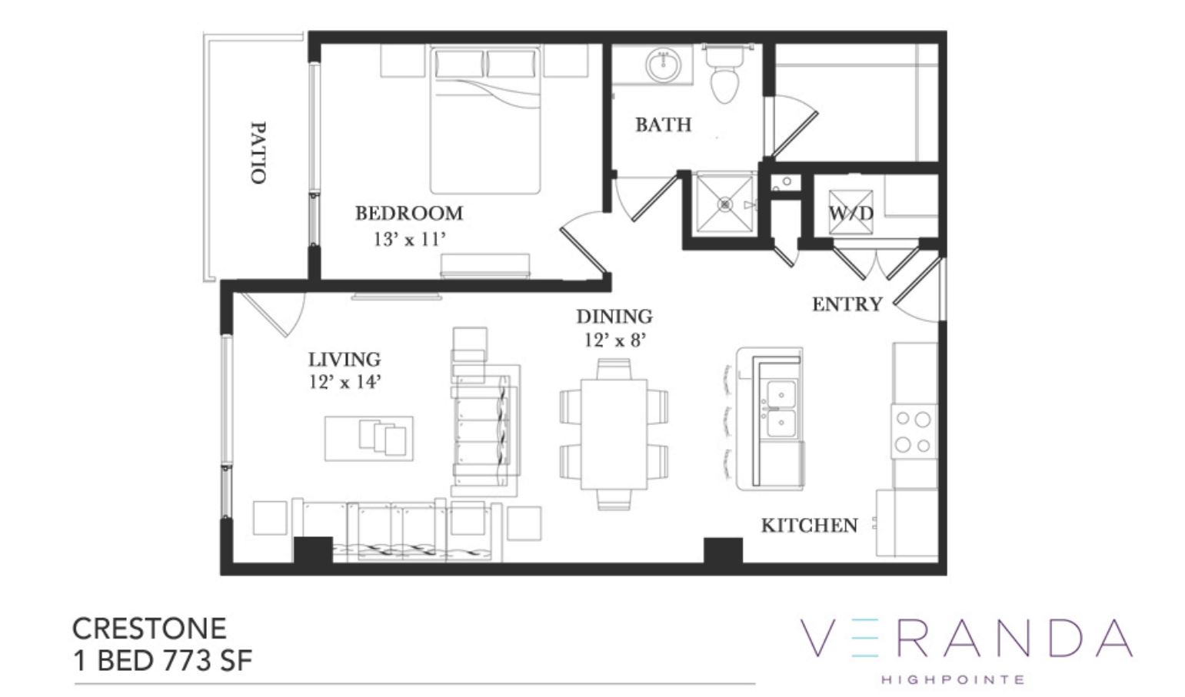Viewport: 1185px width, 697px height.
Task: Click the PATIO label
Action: click(258, 153)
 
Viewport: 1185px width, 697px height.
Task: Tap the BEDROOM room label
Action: click(409, 213)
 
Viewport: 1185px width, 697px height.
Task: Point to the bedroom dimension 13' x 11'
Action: click(409, 240)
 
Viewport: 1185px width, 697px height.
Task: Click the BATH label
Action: click(664, 124)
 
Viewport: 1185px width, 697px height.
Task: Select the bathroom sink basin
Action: click(663, 65)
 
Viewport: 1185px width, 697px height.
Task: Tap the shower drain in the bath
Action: click(724, 204)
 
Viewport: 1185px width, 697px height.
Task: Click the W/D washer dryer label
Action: click(850, 213)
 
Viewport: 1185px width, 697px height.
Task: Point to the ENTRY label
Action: click(847, 304)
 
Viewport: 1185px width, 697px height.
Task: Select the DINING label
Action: click(614, 317)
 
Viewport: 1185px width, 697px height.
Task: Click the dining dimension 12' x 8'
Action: click(615, 340)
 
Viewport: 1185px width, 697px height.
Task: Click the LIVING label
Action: click(345, 360)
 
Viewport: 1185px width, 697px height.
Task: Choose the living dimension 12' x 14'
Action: click(345, 382)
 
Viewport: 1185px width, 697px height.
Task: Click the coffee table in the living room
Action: click(368, 438)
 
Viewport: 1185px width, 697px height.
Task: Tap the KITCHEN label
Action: click(810, 526)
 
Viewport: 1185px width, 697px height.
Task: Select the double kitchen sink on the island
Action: click(781, 409)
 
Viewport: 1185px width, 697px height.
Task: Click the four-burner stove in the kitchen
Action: click(914, 432)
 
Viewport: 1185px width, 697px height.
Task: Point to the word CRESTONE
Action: click(150, 629)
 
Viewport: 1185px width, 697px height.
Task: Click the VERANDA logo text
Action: click(966, 639)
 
